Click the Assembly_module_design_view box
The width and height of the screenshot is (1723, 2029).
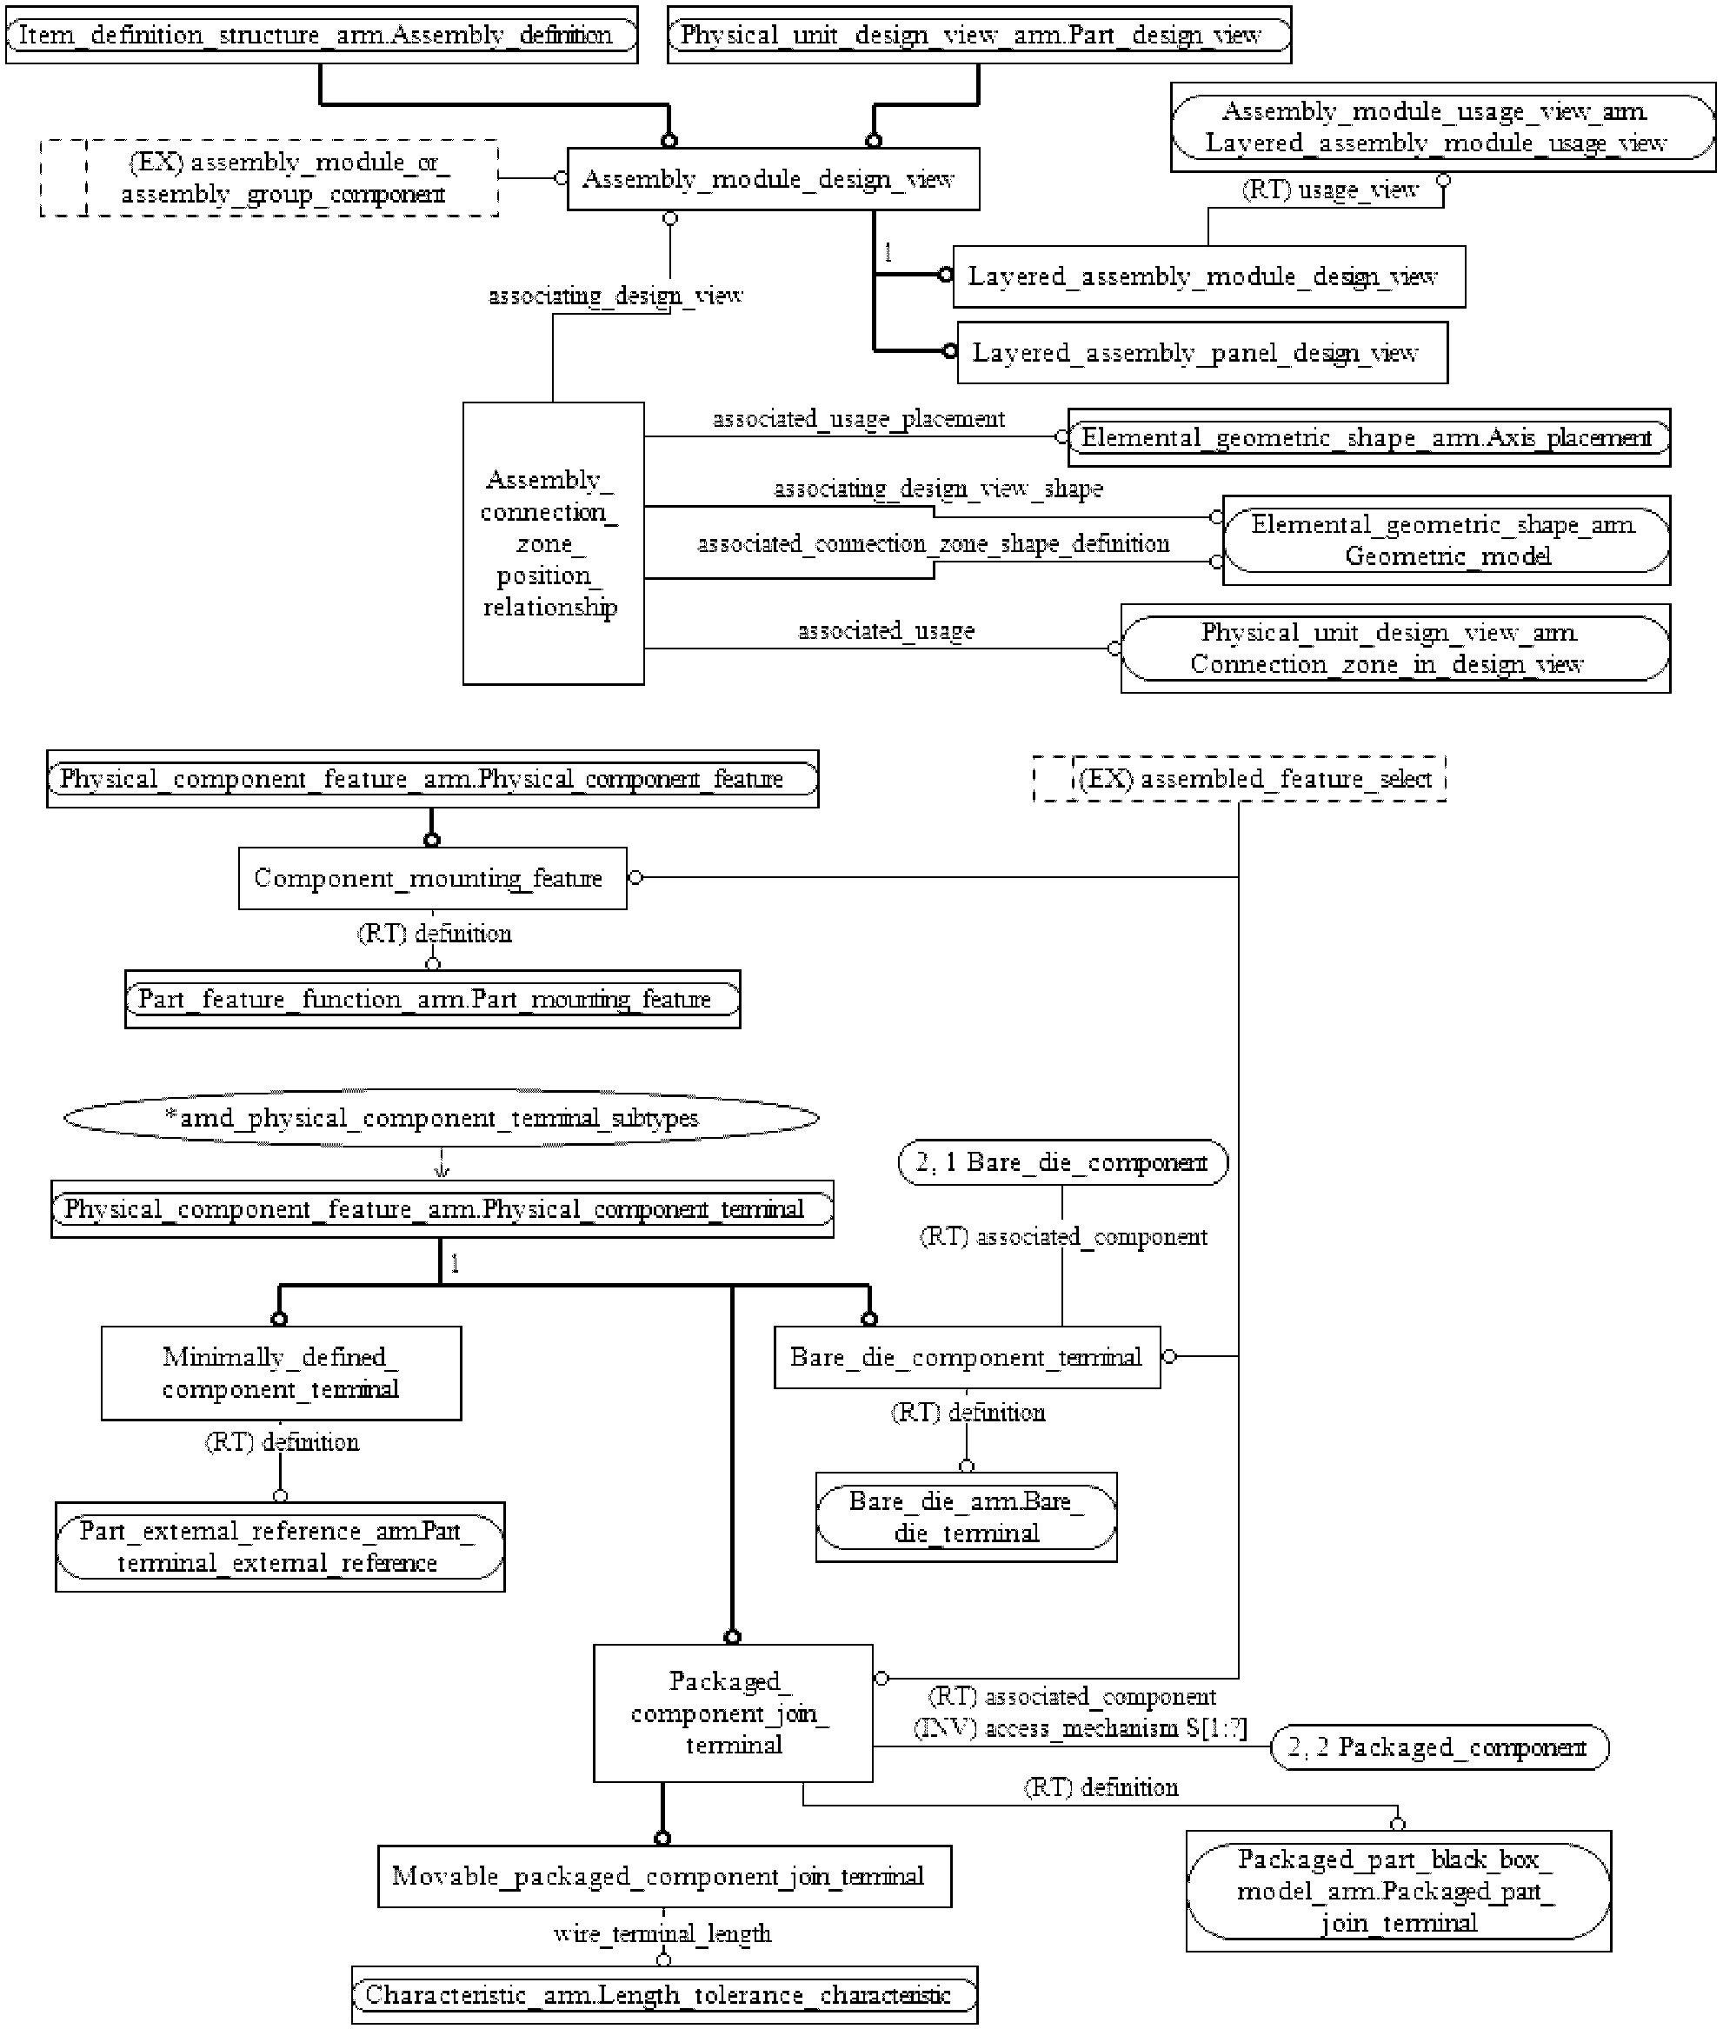pyautogui.click(x=773, y=179)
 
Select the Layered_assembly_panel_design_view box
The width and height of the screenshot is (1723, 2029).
pyautogui.click(x=1201, y=353)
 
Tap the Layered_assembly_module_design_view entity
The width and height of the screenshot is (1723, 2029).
pyautogui.click(x=1208, y=276)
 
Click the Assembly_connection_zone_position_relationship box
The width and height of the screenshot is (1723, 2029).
pyautogui.click(x=553, y=543)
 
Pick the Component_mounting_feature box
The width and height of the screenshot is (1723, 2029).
pyautogui.click(x=433, y=878)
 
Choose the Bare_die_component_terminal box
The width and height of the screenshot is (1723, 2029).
pyautogui.click(x=967, y=1357)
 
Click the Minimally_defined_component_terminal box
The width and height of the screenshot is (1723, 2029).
pyautogui.click(x=282, y=1373)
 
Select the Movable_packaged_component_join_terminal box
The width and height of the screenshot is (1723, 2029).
pyautogui.click(x=664, y=1876)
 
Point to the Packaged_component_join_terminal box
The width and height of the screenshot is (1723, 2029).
pyautogui.click(x=733, y=1713)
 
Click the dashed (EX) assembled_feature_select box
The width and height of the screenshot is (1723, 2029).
pyautogui.click(x=1240, y=779)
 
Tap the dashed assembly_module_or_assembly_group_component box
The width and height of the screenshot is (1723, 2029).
pyautogui.click(x=269, y=178)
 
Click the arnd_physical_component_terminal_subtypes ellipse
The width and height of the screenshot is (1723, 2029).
pyautogui.click(x=441, y=1118)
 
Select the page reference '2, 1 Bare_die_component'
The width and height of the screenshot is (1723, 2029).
pyautogui.click(x=1062, y=1162)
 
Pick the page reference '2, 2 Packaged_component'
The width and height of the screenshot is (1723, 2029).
pyautogui.click(x=1439, y=1746)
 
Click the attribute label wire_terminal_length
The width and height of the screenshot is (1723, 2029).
pyautogui.click(x=662, y=1933)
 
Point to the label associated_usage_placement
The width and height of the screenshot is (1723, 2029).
pyautogui.click(x=859, y=419)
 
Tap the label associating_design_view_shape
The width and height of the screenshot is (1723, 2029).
pyautogui.click(x=939, y=489)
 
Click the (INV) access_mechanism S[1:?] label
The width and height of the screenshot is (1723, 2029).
pyautogui.click(x=1081, y=1728)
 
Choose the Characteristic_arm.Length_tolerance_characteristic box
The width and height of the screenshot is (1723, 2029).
pyautogui.click(x=664, y=1995)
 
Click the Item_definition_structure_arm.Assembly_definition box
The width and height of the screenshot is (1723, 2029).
pyautogui.click(x=322, y=35)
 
